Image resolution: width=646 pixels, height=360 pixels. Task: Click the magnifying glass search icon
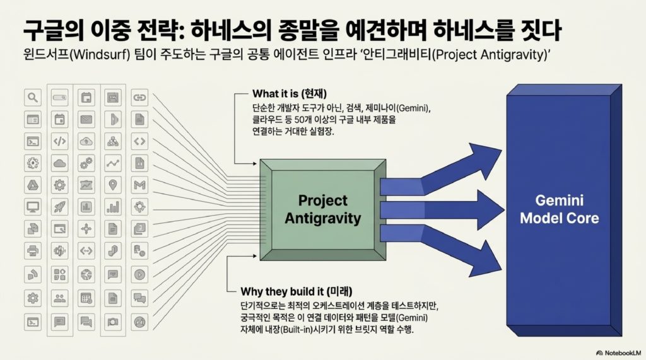(33, 98)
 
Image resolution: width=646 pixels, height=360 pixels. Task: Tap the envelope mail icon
(86, 119)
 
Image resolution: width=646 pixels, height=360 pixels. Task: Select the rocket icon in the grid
(60, 207)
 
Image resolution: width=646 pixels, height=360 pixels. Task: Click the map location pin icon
(113, 185)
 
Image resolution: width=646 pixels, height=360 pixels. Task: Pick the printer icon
(33, 250)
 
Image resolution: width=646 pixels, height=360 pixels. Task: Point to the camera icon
(113, 322)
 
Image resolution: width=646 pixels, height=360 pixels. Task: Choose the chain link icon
(139, 98)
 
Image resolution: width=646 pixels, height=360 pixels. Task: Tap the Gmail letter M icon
(139, 185)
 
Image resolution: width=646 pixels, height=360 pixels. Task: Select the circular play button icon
(139, 274)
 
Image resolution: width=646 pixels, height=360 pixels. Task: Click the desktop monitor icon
(33, 207)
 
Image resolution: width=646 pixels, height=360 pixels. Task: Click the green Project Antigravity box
(323, 210)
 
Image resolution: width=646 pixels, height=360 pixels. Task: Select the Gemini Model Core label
(559, 209)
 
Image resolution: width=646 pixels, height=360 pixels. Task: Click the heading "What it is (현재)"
(290, 94)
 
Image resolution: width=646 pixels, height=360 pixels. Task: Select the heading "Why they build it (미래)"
(297, 292)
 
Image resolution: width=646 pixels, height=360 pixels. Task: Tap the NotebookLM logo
(619, 353)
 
